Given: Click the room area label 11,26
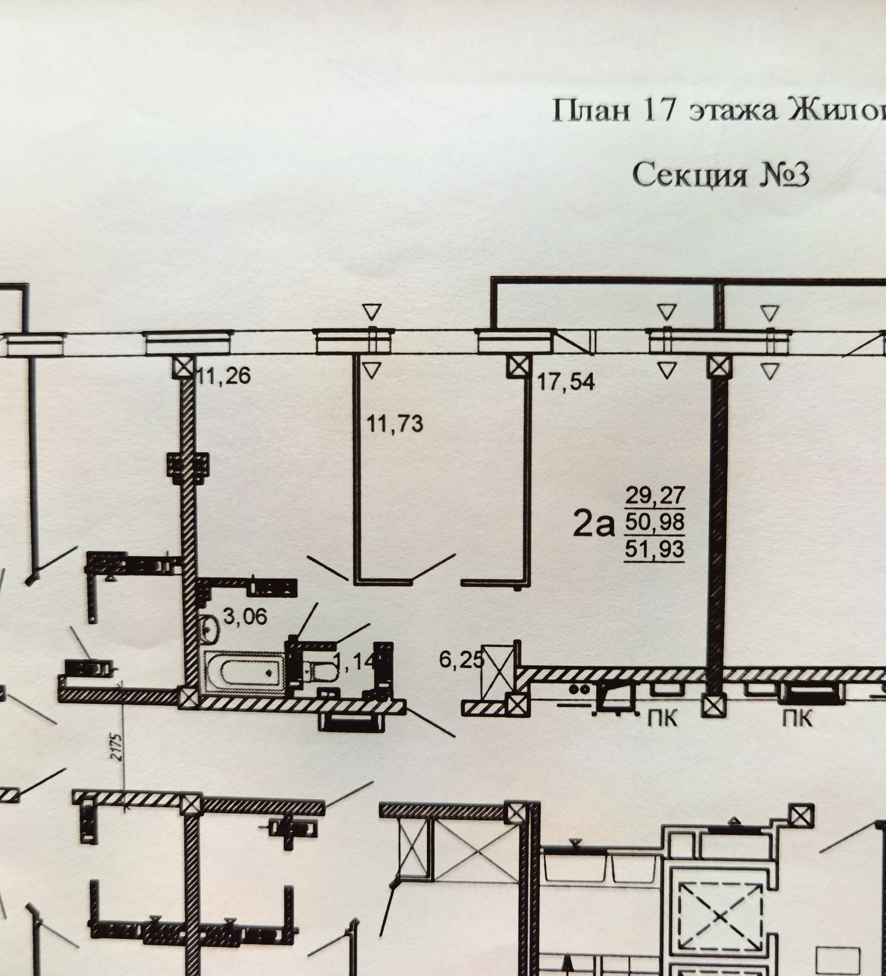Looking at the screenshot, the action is point(224,376).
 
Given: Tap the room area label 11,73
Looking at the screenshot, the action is point(395,423).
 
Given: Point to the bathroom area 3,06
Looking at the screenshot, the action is point(245,617).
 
